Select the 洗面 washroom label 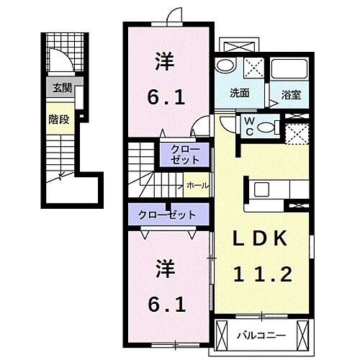pos(240,93)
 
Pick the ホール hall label pos(197,186)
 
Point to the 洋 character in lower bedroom pos(165,268)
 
